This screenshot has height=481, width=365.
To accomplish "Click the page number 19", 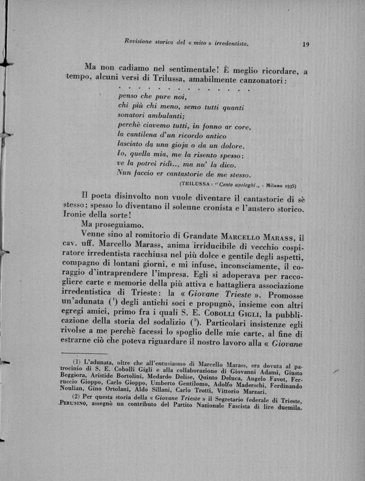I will pyautogui.click(x=305, y=44).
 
